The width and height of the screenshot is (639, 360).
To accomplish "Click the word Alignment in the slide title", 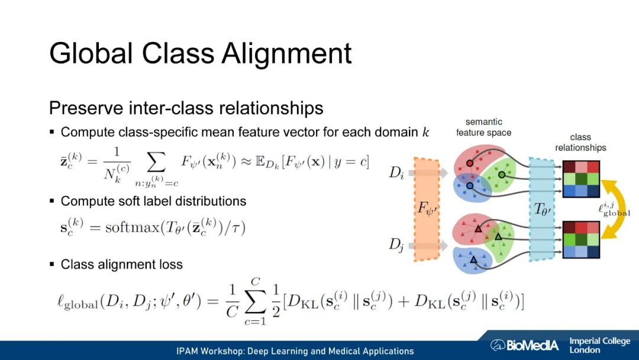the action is [x=287, y=54].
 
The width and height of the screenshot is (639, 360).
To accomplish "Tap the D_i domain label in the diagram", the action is [x=397, y=173].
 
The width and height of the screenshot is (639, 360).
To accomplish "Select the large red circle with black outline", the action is [x=469, y=163].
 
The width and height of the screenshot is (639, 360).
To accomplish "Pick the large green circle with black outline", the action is [x=502, y=174].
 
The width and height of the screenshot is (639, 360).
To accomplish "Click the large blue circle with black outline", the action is [x=469, y=186].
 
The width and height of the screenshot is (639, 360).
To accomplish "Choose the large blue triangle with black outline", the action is [x=473, y=259].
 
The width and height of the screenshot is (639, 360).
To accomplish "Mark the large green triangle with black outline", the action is [x=498, y=237].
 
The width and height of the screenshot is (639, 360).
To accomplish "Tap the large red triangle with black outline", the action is [x=477, y=228].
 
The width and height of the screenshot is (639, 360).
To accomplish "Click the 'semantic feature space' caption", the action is [x=483, y=127].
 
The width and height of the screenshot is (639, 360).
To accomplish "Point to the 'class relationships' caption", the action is [x=580, y=143].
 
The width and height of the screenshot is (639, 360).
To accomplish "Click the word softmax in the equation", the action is [x=128, y=227].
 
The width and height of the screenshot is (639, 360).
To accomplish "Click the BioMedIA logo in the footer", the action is [x=524, y=345].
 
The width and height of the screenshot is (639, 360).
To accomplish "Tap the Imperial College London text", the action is [x=599, y=345].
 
